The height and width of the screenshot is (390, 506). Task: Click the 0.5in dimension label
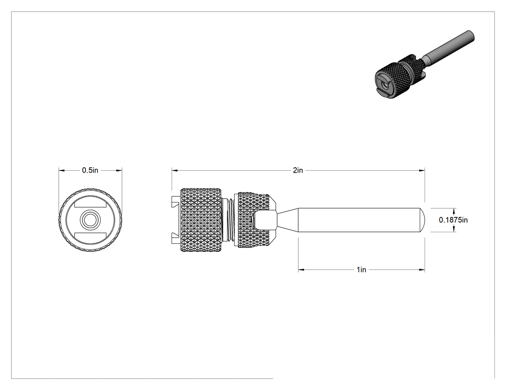90,170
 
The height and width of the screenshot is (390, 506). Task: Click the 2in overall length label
298,170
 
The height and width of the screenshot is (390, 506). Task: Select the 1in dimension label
361,270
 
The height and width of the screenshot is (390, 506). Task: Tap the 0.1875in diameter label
453,220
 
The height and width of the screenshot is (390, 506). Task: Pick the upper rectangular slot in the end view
91,204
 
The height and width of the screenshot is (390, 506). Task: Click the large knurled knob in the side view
201,220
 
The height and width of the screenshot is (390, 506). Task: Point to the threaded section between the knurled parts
230,220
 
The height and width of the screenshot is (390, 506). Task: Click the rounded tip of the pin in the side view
422,220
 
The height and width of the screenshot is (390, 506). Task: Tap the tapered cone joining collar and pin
287,220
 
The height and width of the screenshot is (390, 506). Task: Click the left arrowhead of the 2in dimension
174,170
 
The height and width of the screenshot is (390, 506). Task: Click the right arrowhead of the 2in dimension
422,170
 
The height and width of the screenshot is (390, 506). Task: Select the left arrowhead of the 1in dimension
301,270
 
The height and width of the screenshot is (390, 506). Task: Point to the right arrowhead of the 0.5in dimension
119,170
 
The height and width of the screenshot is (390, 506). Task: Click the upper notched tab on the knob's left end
176,202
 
